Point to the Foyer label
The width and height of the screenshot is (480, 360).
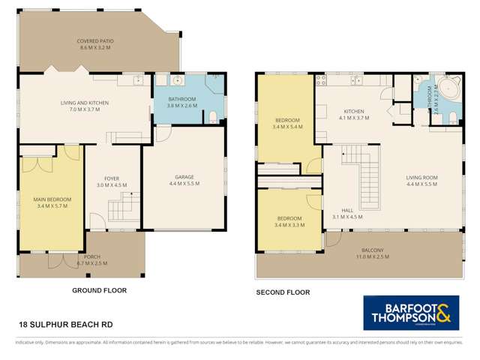click(x=111, y=181)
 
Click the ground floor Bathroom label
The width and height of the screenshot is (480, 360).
click(x=181, y=103)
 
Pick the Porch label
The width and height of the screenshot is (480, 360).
click(x=92, y=259)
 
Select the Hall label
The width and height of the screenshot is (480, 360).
click(x=347, y=214)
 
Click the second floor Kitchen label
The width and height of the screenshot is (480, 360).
click(x=353, y=114)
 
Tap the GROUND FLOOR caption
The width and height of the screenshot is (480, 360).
click(x=99, y=289)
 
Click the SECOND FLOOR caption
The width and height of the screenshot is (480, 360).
click(x=283, y=292)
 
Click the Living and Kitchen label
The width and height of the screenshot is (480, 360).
click(x=80, y=106)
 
